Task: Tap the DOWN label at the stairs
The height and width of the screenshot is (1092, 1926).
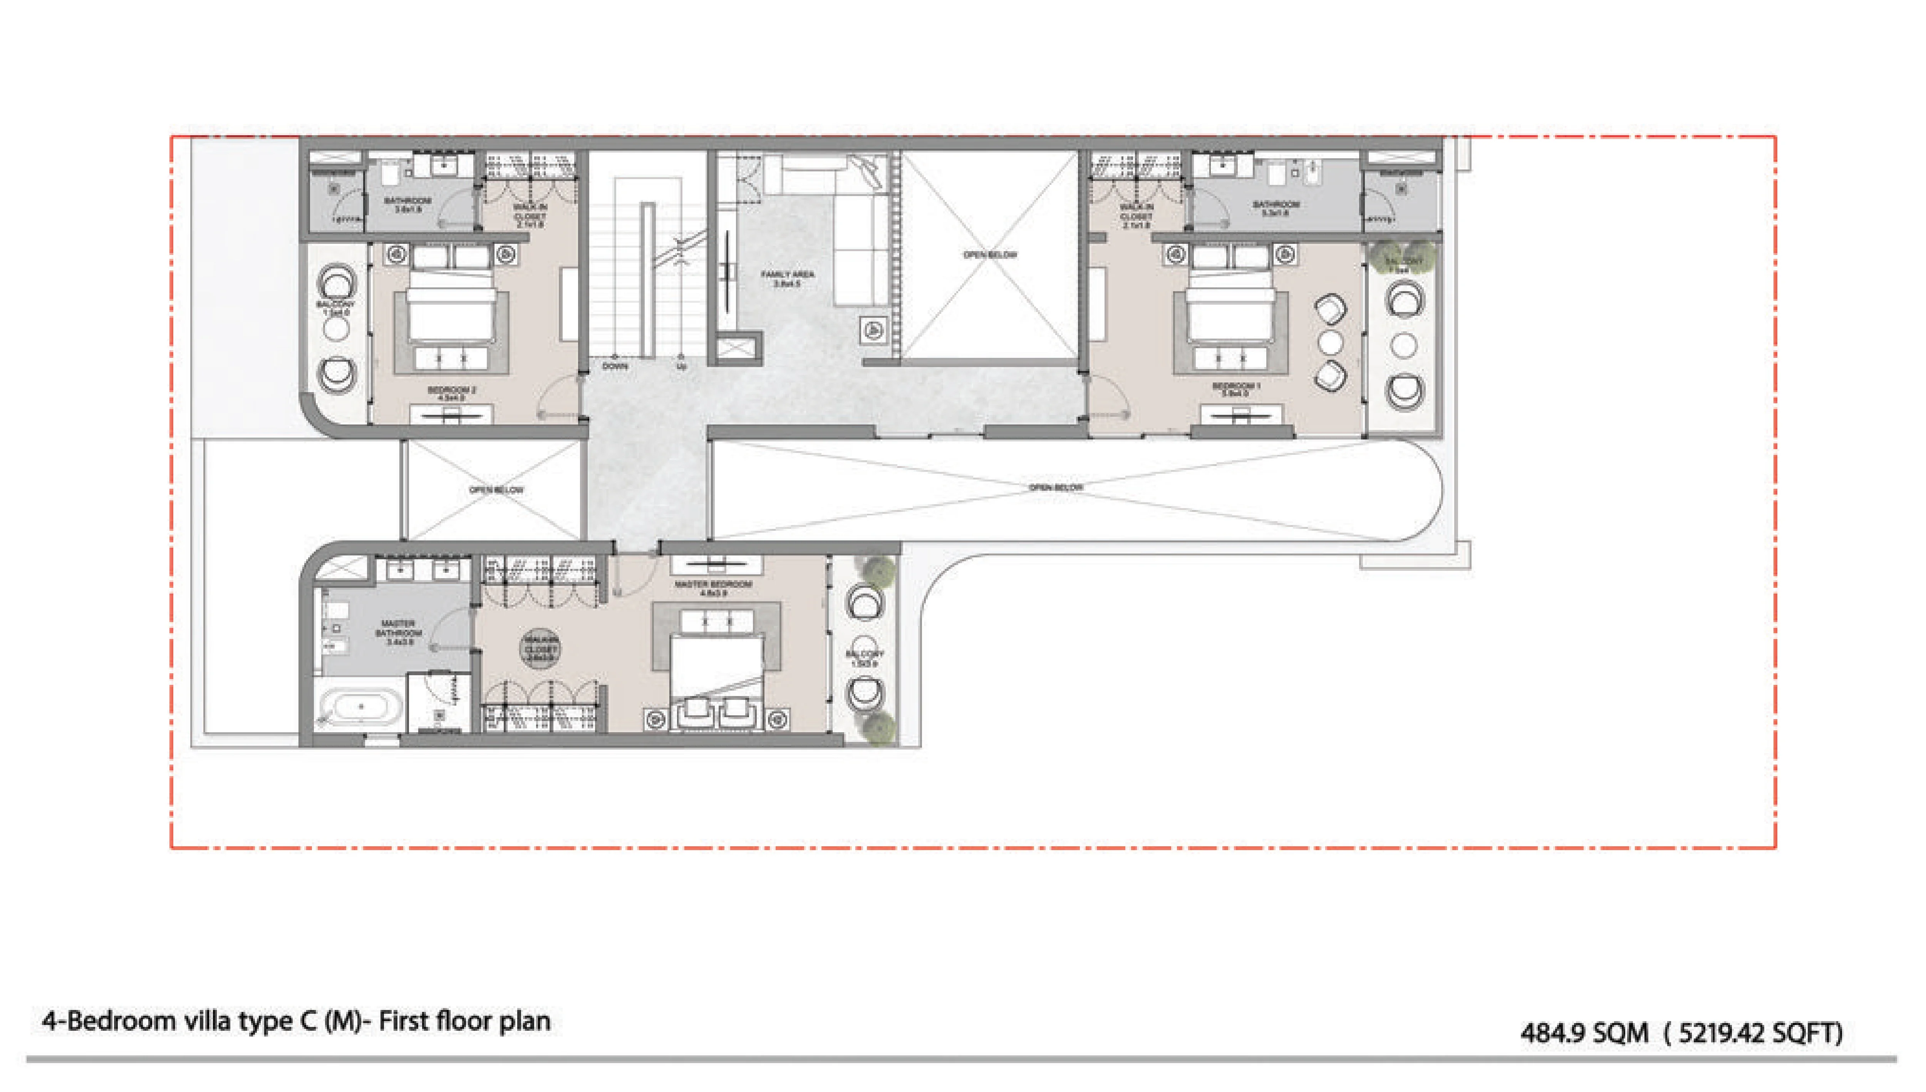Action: point(615,366)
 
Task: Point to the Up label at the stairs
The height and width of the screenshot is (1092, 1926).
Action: point(681,366)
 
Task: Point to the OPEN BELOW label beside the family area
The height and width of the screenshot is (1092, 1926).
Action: point(990,255)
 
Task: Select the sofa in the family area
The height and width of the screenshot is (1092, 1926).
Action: point(855,225)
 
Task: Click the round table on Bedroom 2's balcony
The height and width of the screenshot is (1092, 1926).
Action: point(336,329)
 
